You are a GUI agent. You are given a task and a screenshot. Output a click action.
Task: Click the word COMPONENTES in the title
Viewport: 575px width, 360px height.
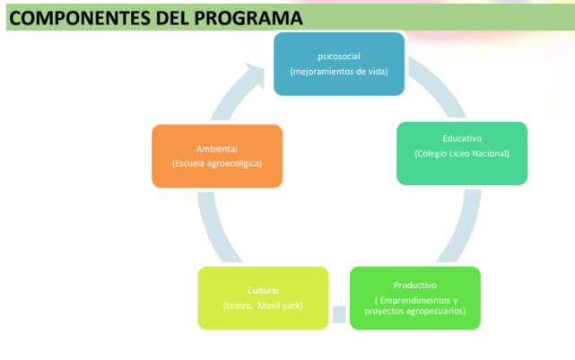pos(80,18)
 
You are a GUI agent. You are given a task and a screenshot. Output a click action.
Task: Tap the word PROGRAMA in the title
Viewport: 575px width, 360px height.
pos(248,18)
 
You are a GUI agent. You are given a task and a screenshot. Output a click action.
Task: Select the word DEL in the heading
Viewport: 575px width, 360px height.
pos(172,18)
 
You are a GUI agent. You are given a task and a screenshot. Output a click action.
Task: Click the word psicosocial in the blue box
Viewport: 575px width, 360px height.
pos(339,57)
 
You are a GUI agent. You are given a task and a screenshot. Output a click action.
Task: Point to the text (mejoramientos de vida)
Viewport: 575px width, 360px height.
pos(339,71)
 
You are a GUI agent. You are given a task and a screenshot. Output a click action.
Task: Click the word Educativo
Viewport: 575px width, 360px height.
pos(462,139)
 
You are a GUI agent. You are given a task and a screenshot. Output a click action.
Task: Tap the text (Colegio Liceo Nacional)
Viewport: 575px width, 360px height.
pos(462,154)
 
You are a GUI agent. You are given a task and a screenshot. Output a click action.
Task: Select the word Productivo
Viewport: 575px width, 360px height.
pos(415,285)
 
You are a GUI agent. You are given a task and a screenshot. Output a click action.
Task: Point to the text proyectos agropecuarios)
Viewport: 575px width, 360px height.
pos(415,312)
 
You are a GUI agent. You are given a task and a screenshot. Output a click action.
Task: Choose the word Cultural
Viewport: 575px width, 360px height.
pos(263,291)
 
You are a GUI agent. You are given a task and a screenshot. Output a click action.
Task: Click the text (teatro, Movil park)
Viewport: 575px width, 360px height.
pos(263,306)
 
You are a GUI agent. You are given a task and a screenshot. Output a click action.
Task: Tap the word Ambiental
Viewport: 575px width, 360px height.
pos(217,149)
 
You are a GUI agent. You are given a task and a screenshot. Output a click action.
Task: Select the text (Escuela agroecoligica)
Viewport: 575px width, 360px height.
pos(217,163)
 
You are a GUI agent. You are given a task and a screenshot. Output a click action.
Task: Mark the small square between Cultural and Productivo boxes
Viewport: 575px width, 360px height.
pos(339,314)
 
